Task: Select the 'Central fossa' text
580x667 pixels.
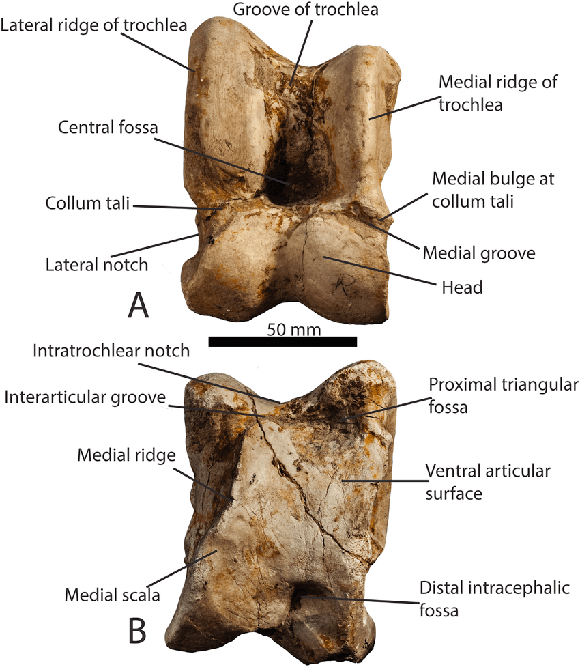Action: pos(108,128)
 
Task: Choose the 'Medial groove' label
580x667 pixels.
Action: pos(479,253)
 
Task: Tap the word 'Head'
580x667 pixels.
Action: pos(465,287)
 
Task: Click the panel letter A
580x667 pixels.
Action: pos(138,305)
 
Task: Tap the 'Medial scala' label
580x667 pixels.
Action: pos(112,595)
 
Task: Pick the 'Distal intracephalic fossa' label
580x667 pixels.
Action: pos(494,597)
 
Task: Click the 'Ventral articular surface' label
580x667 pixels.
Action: pos(488,481)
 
